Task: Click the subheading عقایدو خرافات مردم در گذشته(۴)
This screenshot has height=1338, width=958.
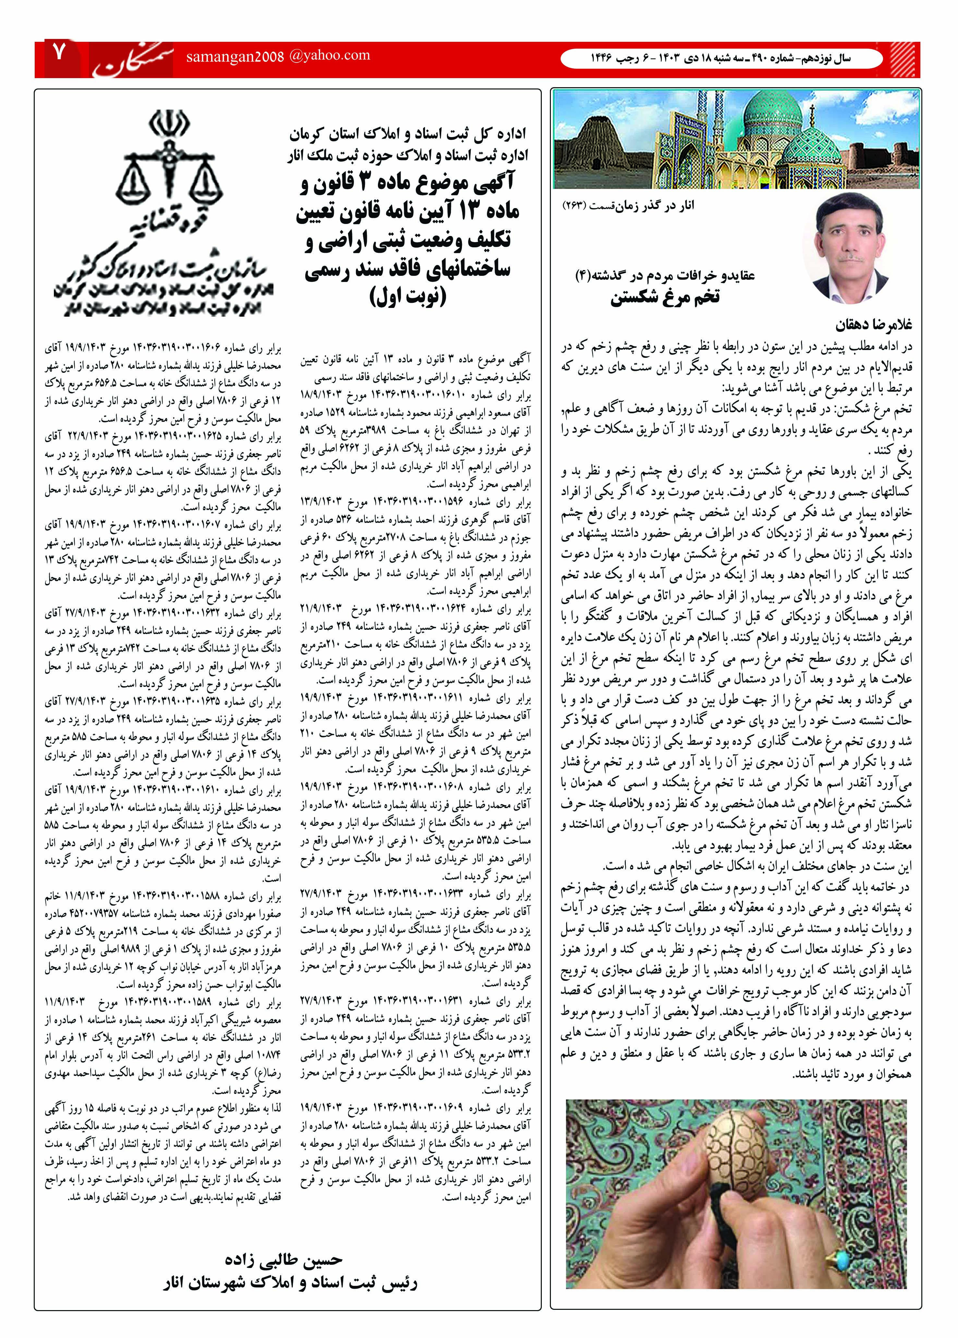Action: click(x=665, y=275)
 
